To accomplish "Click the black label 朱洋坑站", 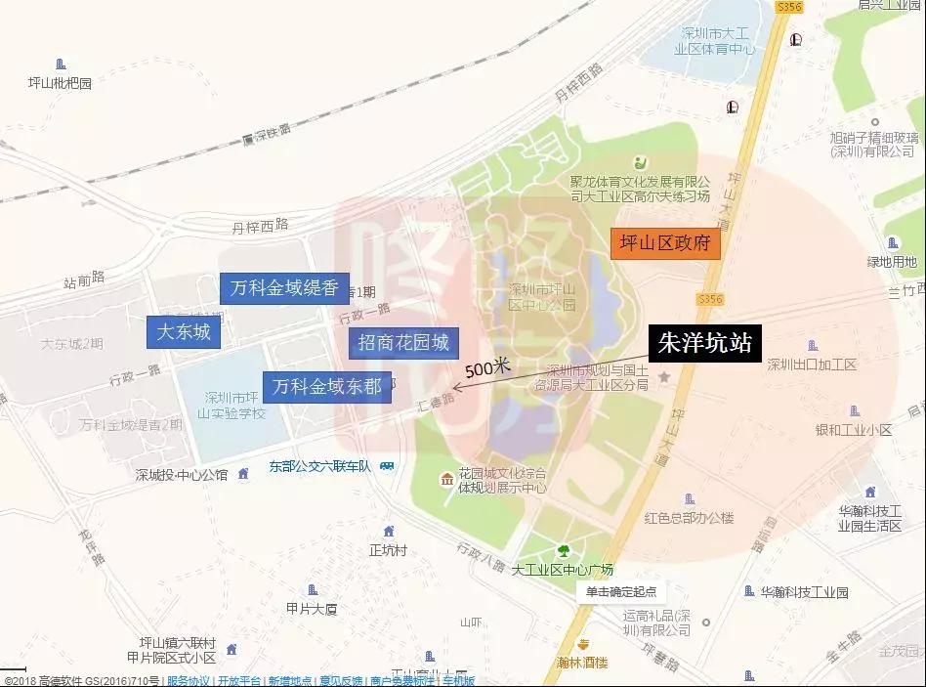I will point(704,345).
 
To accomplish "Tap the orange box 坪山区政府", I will point(665,242).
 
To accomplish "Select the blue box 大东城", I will point(184,332).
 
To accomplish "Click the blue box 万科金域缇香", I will point(284,288).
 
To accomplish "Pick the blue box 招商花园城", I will point(403,342).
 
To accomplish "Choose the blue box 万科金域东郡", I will point(327,386).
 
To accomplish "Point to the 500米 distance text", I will point(488,368).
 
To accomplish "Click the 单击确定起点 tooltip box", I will point(620,591).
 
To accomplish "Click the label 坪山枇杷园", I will point(61,83).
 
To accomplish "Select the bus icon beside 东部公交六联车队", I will point(388,466).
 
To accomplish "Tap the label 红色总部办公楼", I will point(689,517).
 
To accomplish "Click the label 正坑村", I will point(388,550).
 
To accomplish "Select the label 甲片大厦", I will point(312,609).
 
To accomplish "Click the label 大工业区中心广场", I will point(562,570).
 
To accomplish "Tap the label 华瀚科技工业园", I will point(804,592).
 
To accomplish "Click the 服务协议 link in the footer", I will point(189,680).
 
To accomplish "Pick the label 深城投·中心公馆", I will point(182,475).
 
